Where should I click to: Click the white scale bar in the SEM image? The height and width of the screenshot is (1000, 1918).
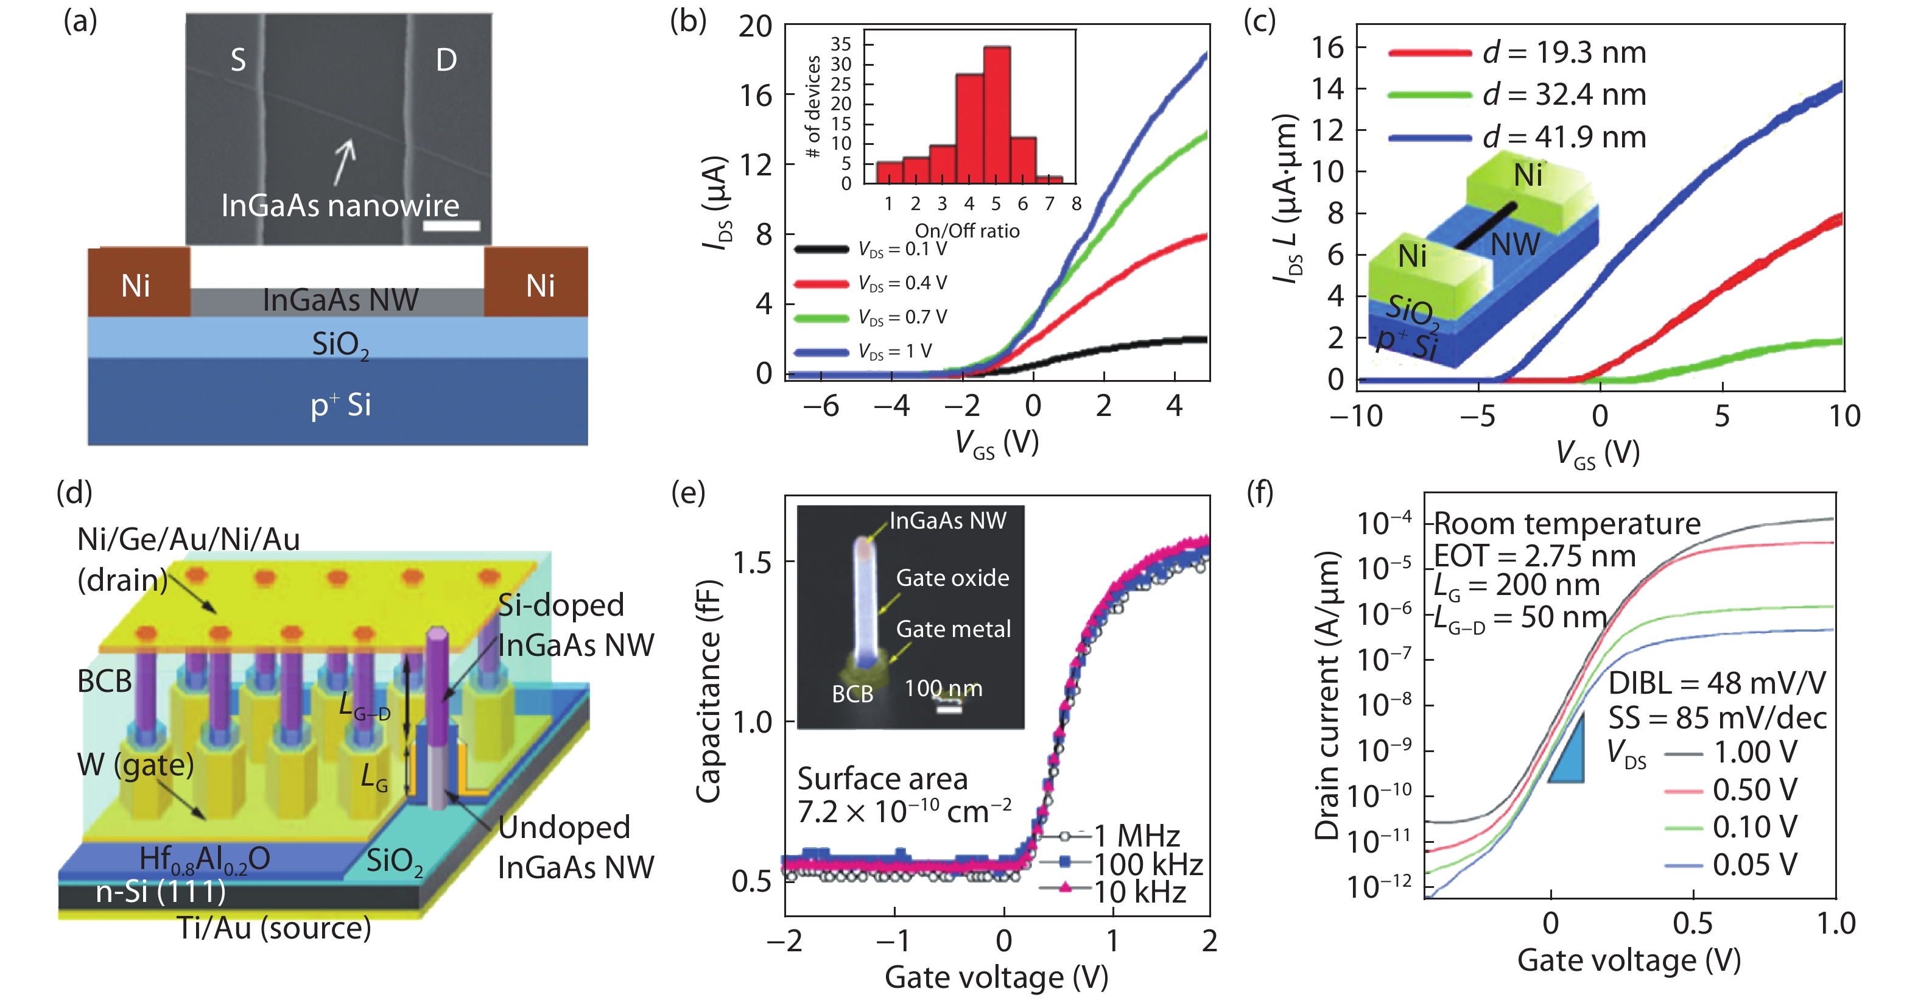pos(451,225)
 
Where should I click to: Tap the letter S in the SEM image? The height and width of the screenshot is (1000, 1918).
pos(237,60)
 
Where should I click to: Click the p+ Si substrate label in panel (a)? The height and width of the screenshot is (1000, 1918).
pos(340,404)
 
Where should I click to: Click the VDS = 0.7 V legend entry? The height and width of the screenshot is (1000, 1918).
pos(871,317)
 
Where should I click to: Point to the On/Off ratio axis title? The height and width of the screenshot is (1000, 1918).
pos(966,231)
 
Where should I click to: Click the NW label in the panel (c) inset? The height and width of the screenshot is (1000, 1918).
pos(1514,244)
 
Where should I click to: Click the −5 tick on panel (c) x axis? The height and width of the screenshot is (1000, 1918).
pos(1477,415)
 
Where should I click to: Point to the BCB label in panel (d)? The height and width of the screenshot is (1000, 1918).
pos(104,680)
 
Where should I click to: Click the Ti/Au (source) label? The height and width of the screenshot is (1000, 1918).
pos(274,928)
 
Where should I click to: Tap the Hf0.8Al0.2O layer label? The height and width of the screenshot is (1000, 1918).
pos(205,859)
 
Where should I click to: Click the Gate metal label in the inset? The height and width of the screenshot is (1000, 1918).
pos(953,629)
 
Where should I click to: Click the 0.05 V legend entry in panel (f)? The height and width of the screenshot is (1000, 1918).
pos(1731,864)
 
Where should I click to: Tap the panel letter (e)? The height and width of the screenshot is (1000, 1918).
pos(688,492)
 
